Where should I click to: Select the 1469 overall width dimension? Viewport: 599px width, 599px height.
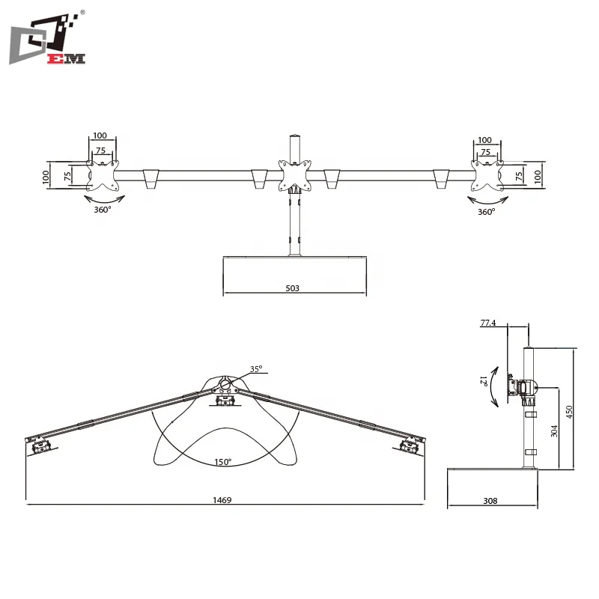[221, 499]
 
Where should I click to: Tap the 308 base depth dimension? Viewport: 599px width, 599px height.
[490, 500]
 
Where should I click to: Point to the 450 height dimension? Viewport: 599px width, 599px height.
[568, 412]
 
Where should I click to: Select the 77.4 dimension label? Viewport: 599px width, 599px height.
[488, 323]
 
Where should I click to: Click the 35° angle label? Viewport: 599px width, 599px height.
[256, 369]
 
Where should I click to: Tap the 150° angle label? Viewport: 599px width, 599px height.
[223, 463]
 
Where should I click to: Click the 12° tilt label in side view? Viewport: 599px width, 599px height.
[486, 381]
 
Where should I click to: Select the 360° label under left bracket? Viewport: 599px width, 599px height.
[102, 210]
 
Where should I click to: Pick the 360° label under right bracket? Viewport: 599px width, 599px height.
[487, 212]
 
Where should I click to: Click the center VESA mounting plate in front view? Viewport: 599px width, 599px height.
[294, 174]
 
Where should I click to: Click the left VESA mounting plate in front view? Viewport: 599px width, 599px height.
[103, 175]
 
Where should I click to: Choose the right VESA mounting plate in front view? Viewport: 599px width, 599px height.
[487, 174]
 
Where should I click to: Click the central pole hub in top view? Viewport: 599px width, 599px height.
[225, 387]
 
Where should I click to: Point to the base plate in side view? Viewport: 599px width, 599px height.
[493, 469]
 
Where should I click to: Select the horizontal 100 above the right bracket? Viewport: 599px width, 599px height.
[484, 140]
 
